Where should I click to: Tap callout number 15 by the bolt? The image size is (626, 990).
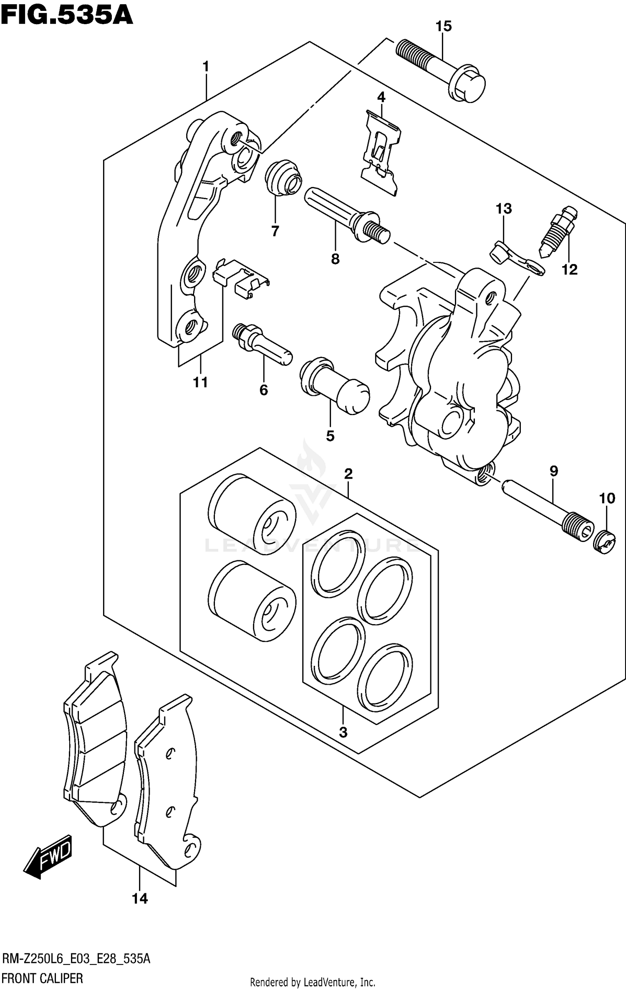coord(444,26)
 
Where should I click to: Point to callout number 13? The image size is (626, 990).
coord(504,209)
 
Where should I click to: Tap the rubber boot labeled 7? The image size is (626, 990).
coord(283,177)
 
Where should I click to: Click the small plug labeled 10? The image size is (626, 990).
coord(604,542)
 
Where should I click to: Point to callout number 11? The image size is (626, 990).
coord(200,382)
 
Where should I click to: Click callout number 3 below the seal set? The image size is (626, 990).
coord(343,732)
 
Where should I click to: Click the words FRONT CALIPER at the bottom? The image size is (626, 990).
coord(43,978)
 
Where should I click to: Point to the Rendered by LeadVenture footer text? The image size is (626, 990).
coord(312,982)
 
